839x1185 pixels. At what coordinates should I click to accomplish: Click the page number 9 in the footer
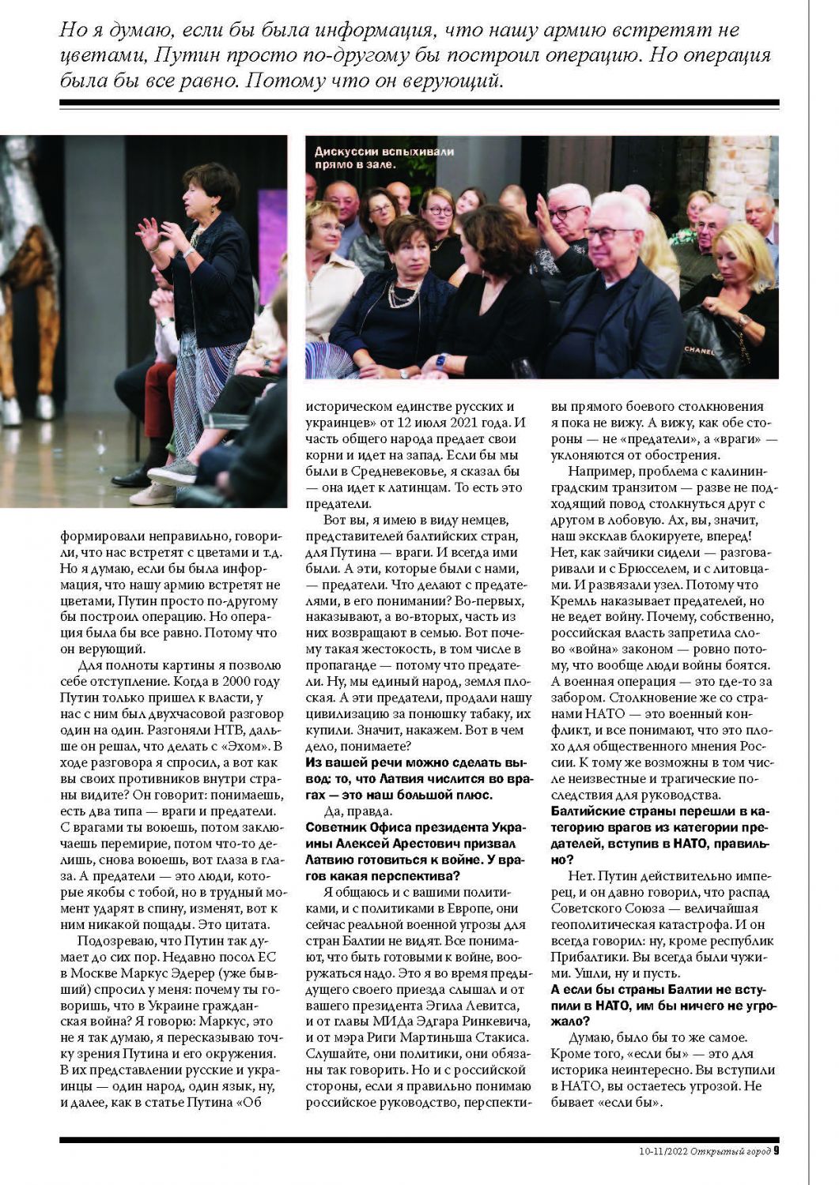coord(777,1150)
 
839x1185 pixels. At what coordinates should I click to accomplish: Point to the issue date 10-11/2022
coord(663,1151)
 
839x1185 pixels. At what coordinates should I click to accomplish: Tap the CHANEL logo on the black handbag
coord(699,349)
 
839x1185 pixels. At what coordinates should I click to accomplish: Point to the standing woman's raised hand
coord(149,233)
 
